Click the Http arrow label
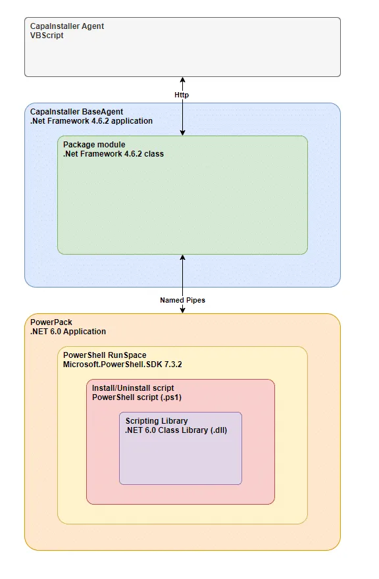[x=182, y=95]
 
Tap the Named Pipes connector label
[x=182, y=300]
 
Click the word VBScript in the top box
[x=47, y=36]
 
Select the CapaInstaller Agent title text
[x=67, y=26]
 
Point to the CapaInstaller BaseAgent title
[x=76, y=111]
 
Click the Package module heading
[x=94, y=144]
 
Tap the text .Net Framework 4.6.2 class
[x=113, y=153]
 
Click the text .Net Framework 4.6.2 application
[x=91, y=121]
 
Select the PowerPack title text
[x=51, y=322]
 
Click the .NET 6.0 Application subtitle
[x=68, y=331]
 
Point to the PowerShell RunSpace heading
[x=105, y=355]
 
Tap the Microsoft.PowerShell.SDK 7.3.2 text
[x=122, y=364]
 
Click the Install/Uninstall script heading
[x=133, y=388]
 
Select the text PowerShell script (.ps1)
[x=137, y=397]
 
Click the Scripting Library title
[x=157, y=420]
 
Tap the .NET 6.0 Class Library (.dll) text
[x=176, y=430]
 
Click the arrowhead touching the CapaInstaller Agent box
[x=182, y=80]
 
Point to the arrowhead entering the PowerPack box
[x=182, y=310]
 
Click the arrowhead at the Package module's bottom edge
[x=182, y=257]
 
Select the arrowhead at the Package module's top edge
[x=182, y=132]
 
